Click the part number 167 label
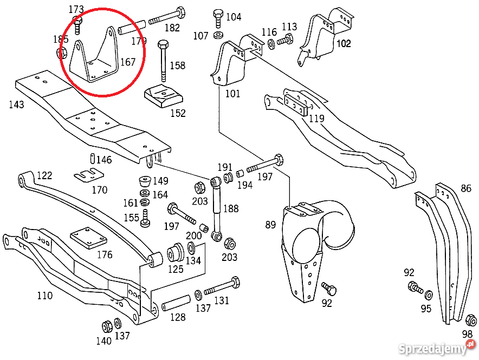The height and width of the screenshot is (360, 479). click(x=128, y=62)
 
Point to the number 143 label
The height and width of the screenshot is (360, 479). click(x=16, y=104)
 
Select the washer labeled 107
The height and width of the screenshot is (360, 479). click(x=218, y=36)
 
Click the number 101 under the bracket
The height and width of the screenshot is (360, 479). click(x=232, y=94)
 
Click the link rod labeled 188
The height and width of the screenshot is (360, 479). click(x=216, y=208)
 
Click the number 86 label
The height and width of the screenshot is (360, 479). click(x=466, y=188)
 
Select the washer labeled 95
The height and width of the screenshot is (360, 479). click(x=428, y=295)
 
